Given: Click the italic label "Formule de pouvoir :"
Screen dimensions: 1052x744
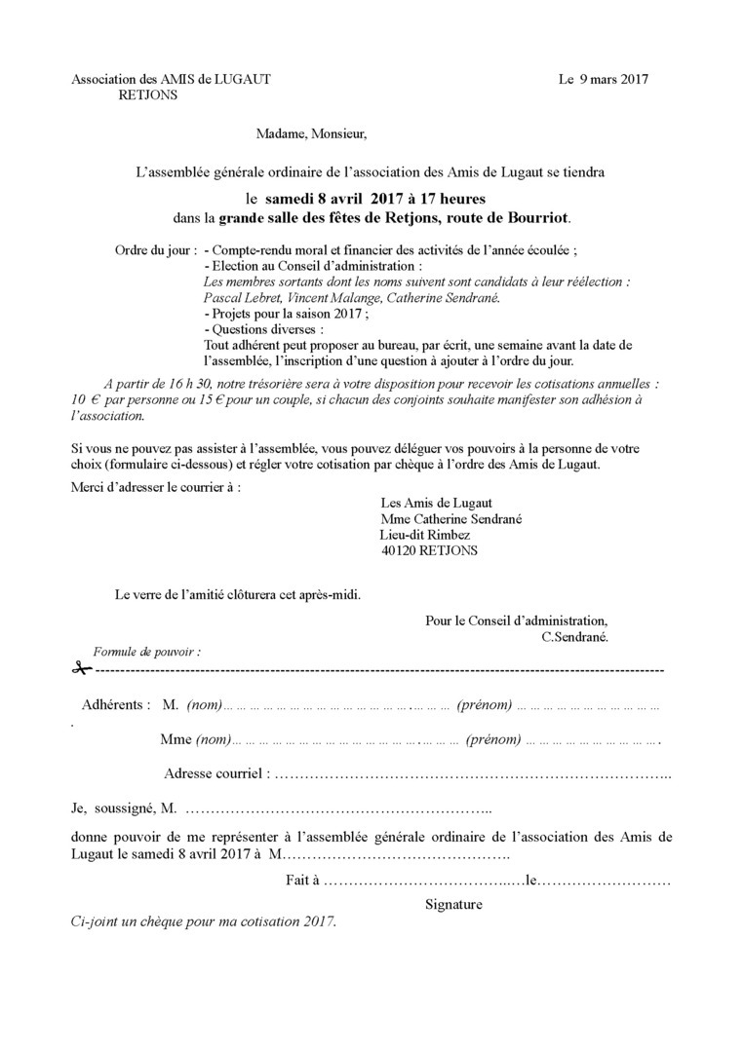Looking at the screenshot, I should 146,650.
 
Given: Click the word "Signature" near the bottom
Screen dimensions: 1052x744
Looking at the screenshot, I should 453,904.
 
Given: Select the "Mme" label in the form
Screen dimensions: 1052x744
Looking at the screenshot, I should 176,740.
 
